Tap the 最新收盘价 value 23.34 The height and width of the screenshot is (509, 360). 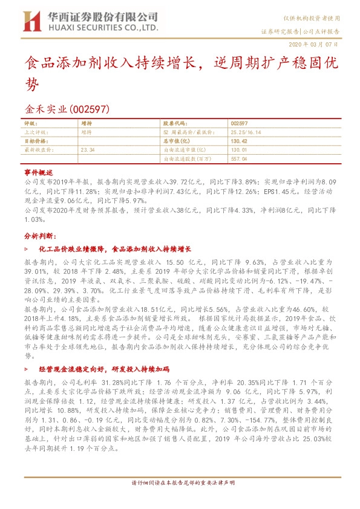coord(87,148)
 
